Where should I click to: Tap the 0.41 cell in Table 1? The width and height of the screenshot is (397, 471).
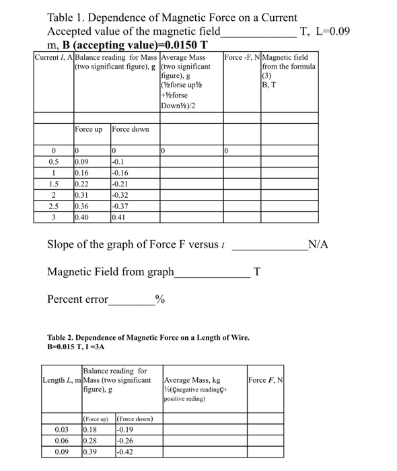click(118, 219)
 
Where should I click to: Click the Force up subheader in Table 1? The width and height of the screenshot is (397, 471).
click(89, 129)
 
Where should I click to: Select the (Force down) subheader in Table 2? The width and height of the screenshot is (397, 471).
click(135, 419)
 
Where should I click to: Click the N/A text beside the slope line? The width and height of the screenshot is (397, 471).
click(318, 244)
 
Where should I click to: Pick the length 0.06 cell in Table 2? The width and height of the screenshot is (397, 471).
click(61, 440)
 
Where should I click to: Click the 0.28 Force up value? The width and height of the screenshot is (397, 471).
click(89, 440)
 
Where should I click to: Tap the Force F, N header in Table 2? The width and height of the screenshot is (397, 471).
click(266, 381)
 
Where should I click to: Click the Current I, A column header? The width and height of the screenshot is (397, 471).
click(53, 58)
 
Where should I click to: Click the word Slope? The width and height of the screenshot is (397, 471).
click(63, 244)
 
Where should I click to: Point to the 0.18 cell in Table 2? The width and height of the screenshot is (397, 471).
click(89, 429)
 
